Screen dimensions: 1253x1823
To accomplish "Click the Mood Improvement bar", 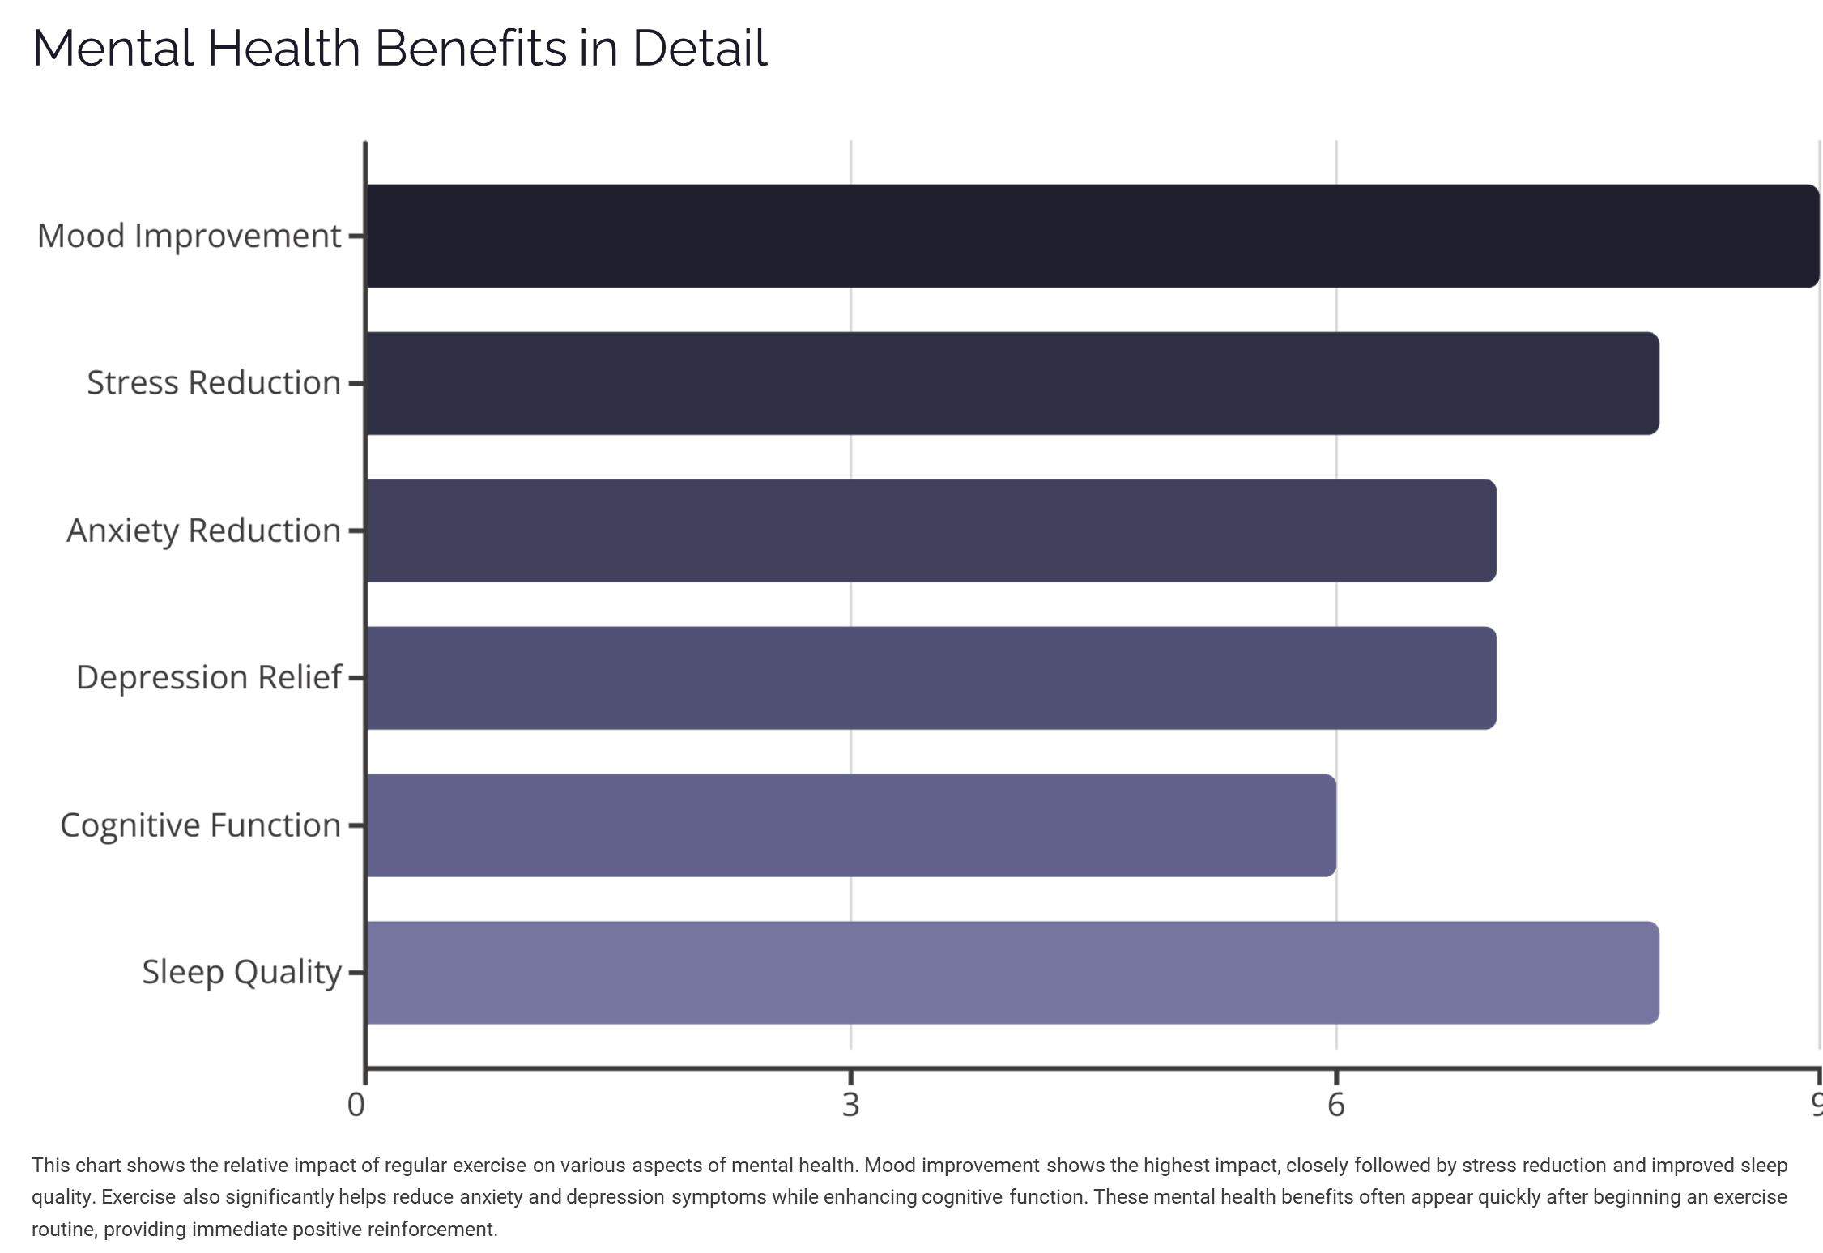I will (1093, 236).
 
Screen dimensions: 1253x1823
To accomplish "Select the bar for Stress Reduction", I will (1012, 382).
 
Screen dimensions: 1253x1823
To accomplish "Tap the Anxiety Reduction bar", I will (931, 531).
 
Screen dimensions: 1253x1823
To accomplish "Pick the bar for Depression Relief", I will (931, 677).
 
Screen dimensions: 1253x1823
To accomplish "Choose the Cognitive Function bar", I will (850, 825).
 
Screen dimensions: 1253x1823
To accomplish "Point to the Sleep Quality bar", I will (1012, 972).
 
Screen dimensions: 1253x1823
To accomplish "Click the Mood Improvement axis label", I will (190, 237).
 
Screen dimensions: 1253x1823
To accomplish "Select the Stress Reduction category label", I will (214, 383).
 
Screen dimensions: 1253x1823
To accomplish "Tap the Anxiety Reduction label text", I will (203, 531).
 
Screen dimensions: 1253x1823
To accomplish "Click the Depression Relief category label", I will (209, 678).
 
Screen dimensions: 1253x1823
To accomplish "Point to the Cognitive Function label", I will (200, 825).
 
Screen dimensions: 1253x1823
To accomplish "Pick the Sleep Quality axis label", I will (241, 973).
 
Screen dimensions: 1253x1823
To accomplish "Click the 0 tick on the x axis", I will (356, 1105).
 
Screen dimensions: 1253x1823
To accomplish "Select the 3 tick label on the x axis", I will (850, 1105).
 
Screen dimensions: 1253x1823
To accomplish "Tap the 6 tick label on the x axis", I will (1336, 1105).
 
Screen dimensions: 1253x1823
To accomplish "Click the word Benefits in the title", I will (471, 48).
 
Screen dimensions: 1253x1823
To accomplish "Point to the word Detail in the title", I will (699, 48).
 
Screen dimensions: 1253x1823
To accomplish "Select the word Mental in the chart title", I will (113, 48).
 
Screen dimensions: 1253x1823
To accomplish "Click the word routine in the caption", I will (64, 1230).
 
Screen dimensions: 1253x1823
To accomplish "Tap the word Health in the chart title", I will (283, 48).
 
